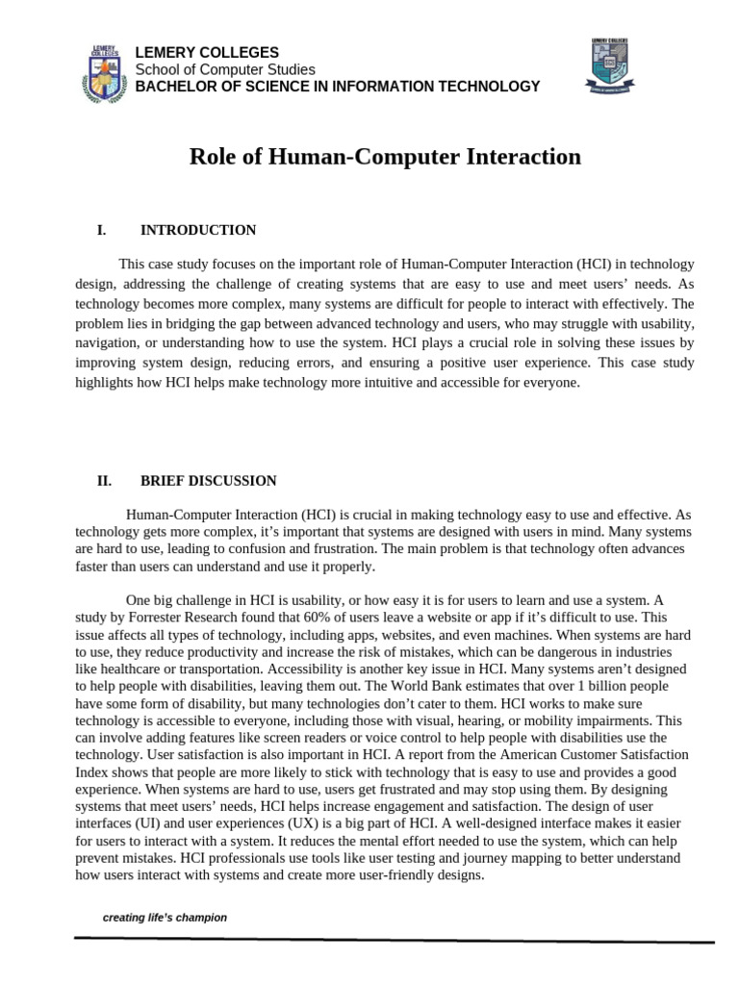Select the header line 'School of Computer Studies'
tap(224, 69)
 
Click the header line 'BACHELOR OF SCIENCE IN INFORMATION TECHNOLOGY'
tap(337, 87)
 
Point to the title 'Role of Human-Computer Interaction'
tap(385, 157)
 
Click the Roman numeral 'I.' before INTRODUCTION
tap(101, 230)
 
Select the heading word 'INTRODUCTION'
tap(198, 230)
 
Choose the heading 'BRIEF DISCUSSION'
tap(209, 481)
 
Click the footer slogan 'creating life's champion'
tap(165, 918)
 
